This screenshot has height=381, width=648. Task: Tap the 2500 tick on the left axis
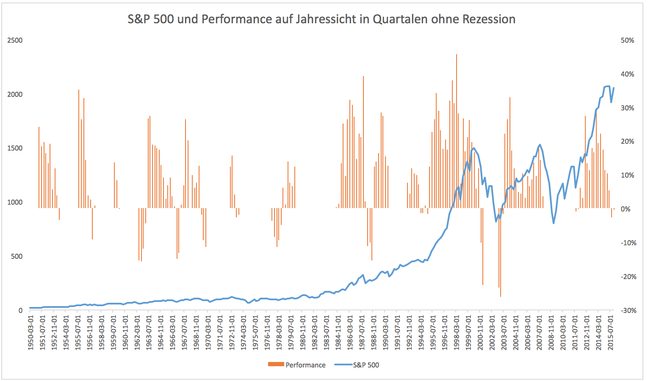click(x=15, y=41)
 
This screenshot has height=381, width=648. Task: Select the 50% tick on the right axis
click(x=627, y=41)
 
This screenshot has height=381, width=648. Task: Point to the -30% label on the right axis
click(x=628, y=310)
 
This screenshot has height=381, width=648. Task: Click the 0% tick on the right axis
click(x=626, y=209)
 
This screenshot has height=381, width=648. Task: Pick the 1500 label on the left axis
click(x=15, y=148)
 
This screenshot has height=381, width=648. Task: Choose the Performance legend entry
click(x=305, y=365)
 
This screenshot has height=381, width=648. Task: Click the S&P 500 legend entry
click(x=366, y=365)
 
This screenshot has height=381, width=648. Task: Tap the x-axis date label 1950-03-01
click(x=31, y=332)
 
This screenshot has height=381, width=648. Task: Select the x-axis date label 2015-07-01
click(x=611, y=332)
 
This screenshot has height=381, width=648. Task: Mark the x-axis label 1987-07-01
click(x=362, y=332)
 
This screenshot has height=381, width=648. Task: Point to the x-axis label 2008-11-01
click(x=551, y=332)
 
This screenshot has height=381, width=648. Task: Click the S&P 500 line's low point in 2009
click(x=554, y=223)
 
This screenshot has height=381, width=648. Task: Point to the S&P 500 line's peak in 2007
click(x=540, y=145)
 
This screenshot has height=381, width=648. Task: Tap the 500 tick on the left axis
click(x=17, y=257)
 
